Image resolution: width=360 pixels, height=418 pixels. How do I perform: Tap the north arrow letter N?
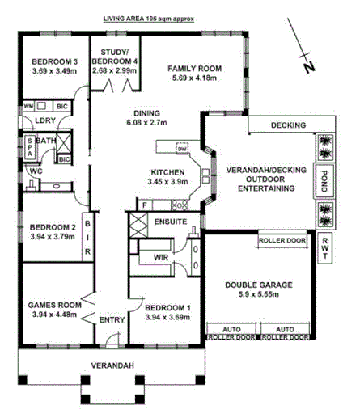pos(308,68)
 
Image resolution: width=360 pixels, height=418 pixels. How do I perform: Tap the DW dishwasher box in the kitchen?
pos(182,149)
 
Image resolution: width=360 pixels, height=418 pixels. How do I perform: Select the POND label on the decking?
pos(324,177)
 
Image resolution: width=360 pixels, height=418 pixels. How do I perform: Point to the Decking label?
pos(287,125)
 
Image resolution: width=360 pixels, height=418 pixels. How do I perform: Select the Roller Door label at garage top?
pos(282,241)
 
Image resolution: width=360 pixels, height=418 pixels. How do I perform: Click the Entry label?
pos(111,320)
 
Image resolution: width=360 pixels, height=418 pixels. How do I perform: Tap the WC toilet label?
pos(36,171)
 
